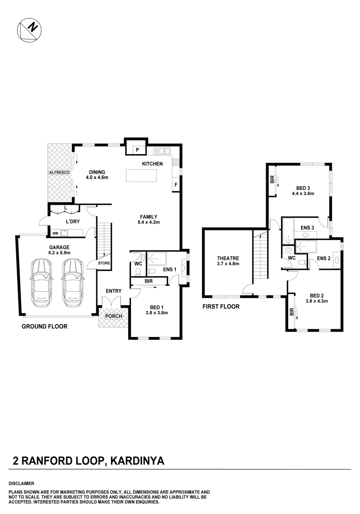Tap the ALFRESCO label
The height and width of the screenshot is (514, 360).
click(x=59, y=172)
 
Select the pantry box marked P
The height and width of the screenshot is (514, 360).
click(x=137, y=149)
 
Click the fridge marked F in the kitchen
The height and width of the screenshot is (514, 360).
click(x=176, y=184)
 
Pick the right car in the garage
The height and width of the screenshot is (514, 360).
click(x=72, y=283)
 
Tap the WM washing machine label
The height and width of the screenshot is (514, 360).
click(x=55, y=233)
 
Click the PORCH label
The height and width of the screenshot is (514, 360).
click(x=114, y=316)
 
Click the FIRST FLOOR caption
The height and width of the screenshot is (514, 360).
click(x=221, y=306)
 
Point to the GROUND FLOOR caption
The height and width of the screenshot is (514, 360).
click(x=44, y=326)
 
